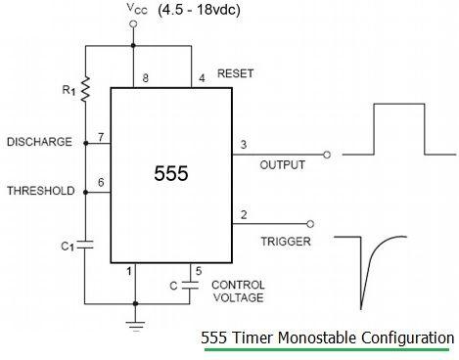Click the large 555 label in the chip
[170, 173]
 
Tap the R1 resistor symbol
[85, 89]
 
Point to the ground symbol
[134, 320]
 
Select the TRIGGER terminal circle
[311, 222]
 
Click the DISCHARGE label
[38, 142]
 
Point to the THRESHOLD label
[38, 191]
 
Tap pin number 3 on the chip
[243, 145]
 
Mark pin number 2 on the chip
[243, 214]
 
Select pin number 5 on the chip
[199, 270]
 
